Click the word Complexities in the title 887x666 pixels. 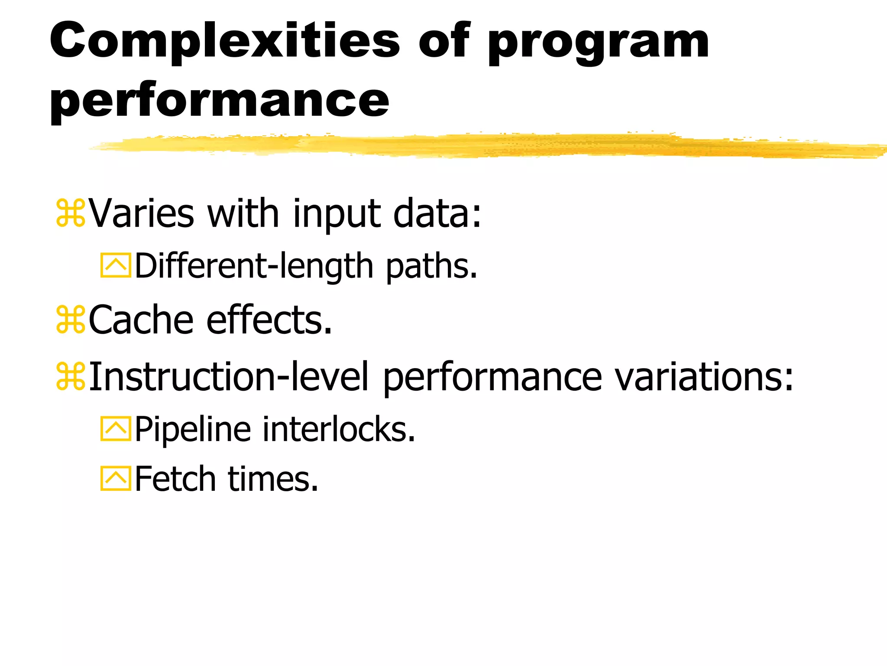click(225, 42)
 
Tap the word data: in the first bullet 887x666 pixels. click(437, 213)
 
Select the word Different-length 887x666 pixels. click(254, 266)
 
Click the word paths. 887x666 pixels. click(431, 266)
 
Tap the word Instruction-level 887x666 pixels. click(229, 376)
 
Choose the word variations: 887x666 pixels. click(704, 376)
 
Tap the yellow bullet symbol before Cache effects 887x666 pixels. click(71, 320)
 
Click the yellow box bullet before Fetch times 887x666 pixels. click(116, 479)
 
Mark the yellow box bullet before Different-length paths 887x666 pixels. click(116, 265)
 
